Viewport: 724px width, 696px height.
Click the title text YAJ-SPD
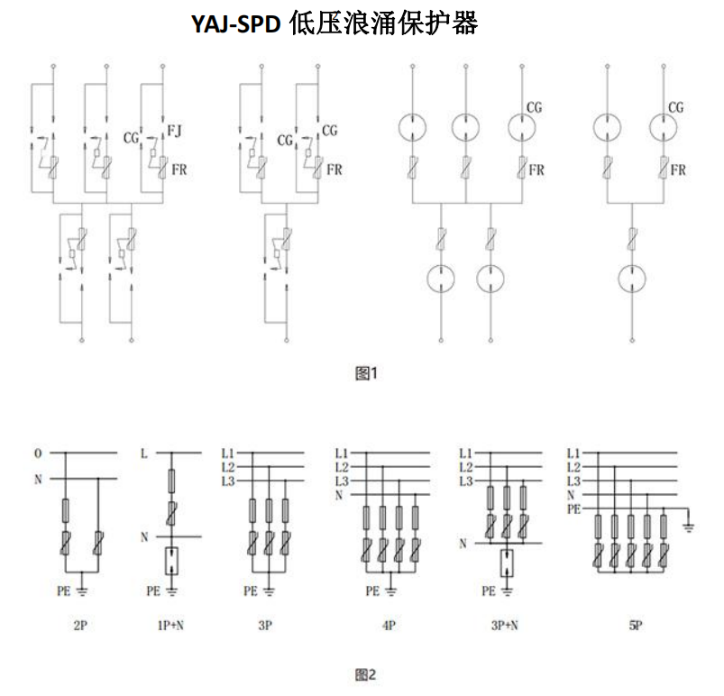click(236, 23)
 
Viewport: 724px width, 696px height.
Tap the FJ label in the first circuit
click(174, 131)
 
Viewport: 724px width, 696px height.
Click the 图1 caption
click(367, 373)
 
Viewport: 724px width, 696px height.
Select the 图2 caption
click(366, 674)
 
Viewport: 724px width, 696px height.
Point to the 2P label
click(80, 626)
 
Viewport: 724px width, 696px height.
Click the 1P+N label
click(170, 626)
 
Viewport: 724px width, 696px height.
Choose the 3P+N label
click(505, 626)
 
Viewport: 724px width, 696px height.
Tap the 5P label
click(636, 626)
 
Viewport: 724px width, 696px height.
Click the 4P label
click(389, 626)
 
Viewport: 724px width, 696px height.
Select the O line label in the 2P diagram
click(38, 453)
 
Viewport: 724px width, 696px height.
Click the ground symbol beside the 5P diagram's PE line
click(689, 527)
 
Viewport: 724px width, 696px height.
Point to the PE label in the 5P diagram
click(574, 509)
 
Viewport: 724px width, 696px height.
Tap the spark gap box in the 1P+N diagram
click(172, 561)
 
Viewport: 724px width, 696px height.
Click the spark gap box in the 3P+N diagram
click(507, 563)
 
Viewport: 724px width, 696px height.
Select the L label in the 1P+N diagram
click(144, 453)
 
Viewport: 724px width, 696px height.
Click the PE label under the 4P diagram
click(372, 591)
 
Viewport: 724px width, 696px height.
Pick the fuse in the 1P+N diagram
click(172, 481)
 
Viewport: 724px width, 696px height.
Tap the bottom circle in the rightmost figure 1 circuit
click(632, 278)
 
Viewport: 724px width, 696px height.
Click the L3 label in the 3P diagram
click(228, 481)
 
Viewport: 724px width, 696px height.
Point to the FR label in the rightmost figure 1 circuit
click(678, 170)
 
